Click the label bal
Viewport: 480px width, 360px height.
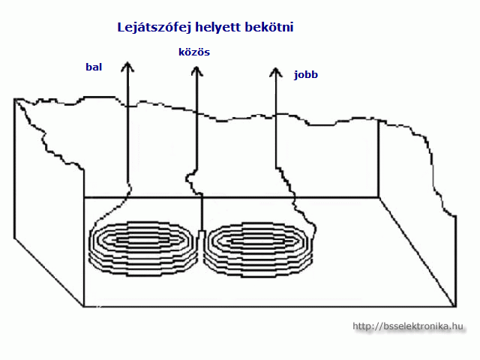(94, 67)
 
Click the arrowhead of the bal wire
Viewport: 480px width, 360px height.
(128, 65)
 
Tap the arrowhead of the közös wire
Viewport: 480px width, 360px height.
(196, 72)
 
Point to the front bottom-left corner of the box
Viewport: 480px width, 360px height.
(83, 305)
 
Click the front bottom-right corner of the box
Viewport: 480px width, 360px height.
(454, 306)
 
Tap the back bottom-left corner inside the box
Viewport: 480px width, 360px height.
(83, 197)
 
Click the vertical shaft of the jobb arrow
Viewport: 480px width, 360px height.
(276, 120)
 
